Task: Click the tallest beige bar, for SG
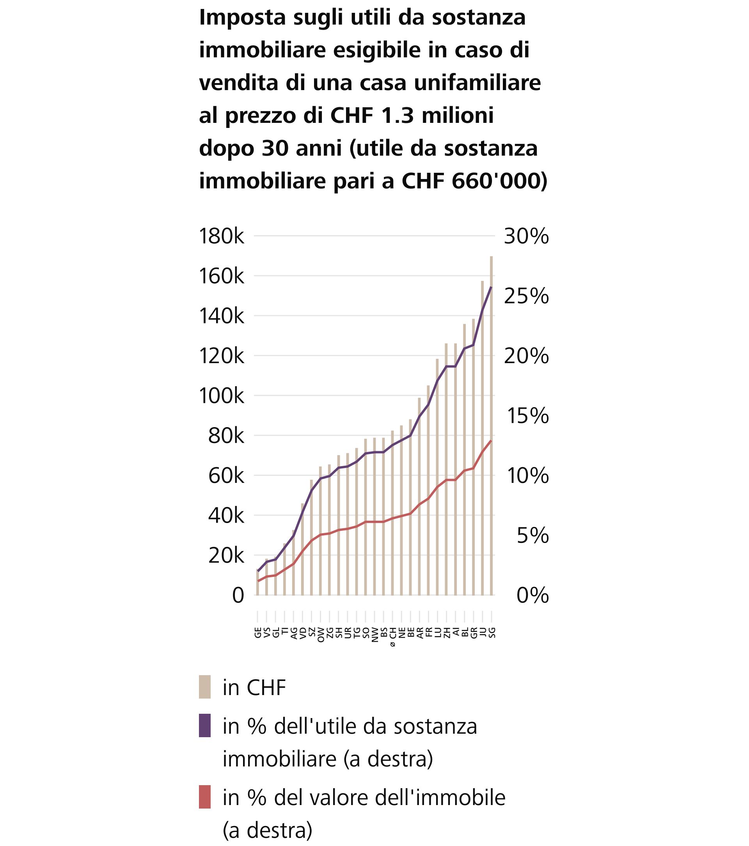492,426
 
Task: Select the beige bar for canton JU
482,439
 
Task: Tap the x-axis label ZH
447,632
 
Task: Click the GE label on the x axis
257,632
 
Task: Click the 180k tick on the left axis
222,236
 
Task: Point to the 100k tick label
222,396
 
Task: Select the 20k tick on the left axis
226,556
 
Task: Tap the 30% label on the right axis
526,236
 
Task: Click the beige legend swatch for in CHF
204,687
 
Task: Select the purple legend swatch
204,725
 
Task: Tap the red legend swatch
204,797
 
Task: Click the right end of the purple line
491,287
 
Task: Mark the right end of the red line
491,441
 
